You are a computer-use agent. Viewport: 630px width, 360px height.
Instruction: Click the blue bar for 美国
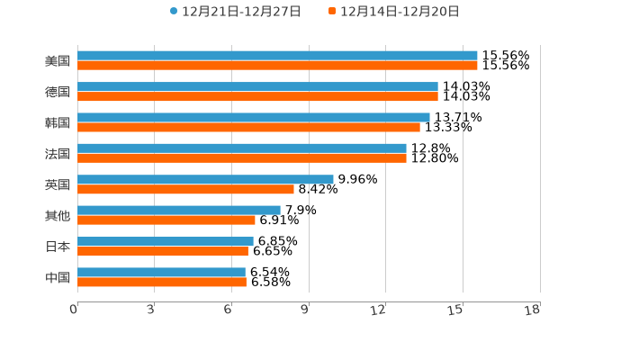(x=277, y=56)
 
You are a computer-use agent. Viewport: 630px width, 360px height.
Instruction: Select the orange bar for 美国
(x=277, y=66)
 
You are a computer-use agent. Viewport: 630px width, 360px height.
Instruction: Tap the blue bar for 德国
(x=257, y=86)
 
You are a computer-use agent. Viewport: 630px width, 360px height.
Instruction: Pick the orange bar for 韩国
(x=248, y=127)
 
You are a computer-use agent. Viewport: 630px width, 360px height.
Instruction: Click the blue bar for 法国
(x=242, y=148)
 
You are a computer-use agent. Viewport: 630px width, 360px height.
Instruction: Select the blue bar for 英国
(x=205, y=179)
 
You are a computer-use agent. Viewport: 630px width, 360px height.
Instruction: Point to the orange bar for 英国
(x=185, y=189)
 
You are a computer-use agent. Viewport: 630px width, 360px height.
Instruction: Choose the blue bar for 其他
(x=179, y=210)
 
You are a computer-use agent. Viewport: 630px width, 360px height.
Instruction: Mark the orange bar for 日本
(x=163, y=251)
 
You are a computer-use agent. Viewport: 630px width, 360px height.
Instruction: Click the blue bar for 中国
(x=161, y=272)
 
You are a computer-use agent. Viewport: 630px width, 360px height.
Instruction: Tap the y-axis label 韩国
(x=58, y=122)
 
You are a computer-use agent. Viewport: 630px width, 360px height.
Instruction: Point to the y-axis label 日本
(x=58, y=247)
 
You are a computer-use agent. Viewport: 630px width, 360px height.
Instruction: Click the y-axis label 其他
(x=58, y=215)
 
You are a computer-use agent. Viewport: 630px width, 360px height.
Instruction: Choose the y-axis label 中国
(x=58, y=277)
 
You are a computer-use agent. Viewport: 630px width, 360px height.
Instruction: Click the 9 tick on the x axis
(x=306, y=310)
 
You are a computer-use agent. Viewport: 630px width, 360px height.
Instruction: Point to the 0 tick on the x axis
(x=75, y=310)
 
